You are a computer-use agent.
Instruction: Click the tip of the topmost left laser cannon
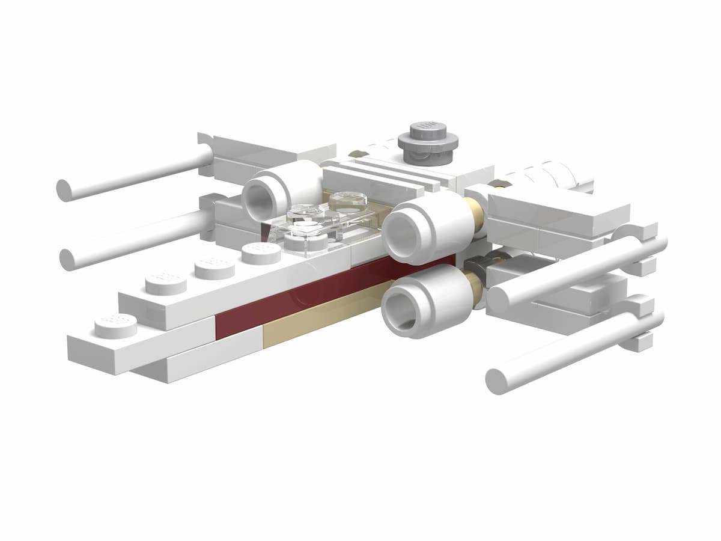64,190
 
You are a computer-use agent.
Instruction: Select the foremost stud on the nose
115,325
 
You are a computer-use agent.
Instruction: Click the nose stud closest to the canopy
261,252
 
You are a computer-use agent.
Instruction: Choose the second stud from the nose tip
166,283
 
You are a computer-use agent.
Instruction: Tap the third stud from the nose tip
215,267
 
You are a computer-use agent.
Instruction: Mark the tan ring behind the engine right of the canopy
474,219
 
